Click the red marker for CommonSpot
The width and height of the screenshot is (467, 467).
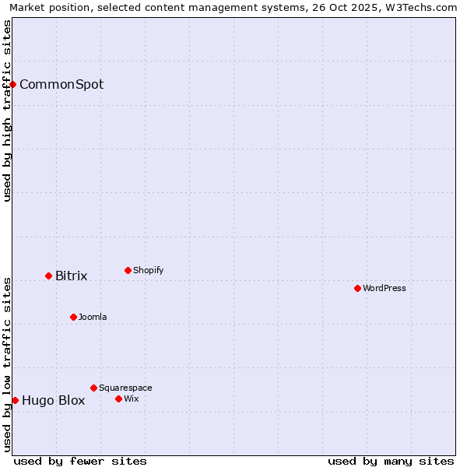13,84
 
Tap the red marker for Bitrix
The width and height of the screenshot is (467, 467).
48,276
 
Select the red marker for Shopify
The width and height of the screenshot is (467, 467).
128,270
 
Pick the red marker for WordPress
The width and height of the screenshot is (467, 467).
357,288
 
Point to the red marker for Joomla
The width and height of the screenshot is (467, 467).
73,317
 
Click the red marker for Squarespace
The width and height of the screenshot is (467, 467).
93,388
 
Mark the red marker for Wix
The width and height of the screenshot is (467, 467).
118,399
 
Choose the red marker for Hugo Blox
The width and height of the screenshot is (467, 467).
15,400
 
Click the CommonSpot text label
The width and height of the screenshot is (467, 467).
61,85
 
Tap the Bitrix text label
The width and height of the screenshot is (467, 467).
72,276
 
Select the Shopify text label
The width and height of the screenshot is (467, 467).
149,271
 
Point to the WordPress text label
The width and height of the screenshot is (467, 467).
384,289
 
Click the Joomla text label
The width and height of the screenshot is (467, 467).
93,318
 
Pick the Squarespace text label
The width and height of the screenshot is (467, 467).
126,388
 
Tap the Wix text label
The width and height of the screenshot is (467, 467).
132,399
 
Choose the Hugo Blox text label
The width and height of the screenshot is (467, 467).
54,401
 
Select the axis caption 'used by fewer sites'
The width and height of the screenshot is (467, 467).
80,461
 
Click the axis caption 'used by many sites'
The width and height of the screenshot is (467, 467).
391,461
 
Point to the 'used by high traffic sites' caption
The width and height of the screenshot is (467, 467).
8,111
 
